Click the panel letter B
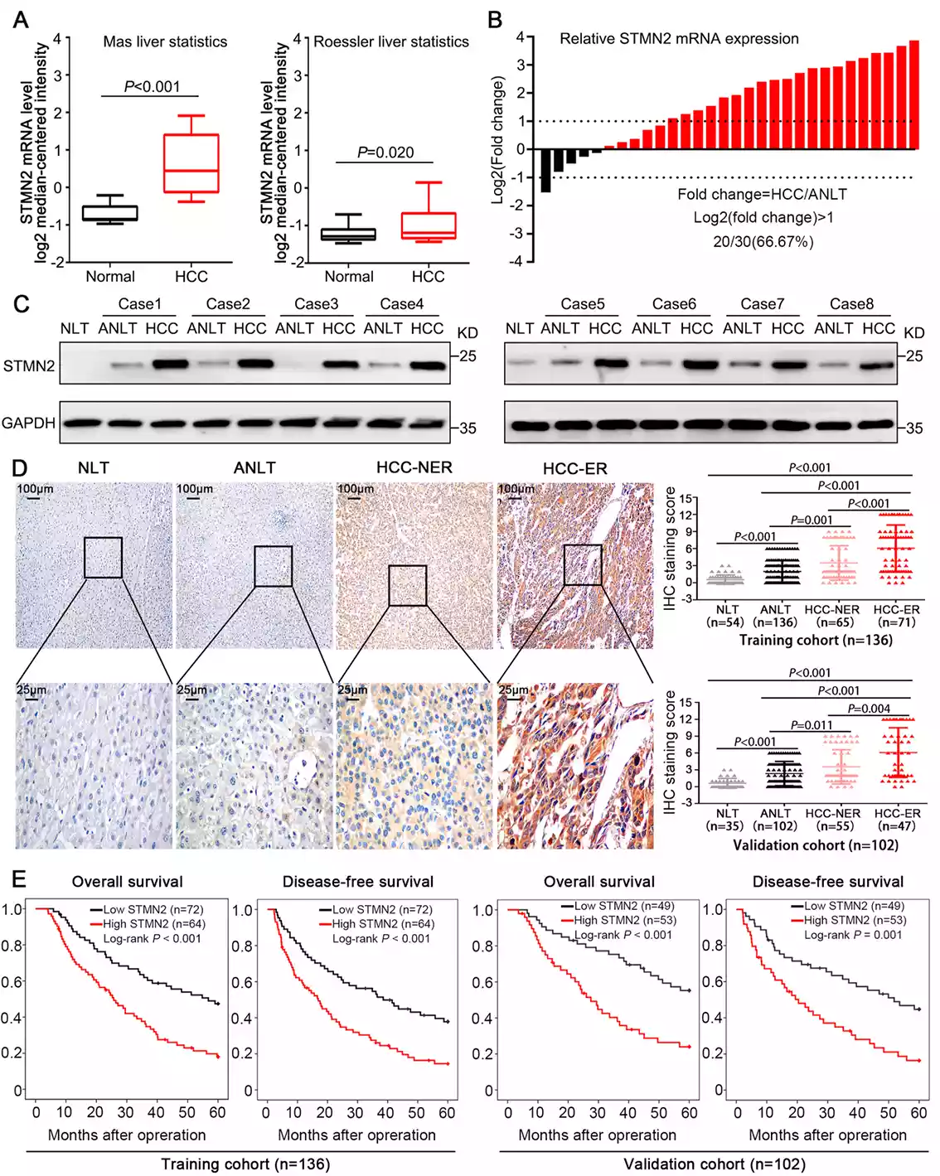tap(495, 19)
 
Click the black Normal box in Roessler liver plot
tap(348, 235)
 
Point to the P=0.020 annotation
tap(385, 152)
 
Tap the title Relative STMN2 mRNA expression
tap(679, 39)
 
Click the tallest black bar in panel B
tap(545, 171)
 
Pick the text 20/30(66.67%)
tap(763, 241)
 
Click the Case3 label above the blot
tap(316, 304)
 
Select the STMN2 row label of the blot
tap(29, 365)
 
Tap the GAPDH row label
tap(29, 423)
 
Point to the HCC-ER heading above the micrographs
tap(574, 468)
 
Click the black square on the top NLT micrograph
tap(103, 557)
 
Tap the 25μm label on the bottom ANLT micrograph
tap(191, 690)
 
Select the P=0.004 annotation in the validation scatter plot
tap(869, 709)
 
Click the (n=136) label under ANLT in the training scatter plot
tap(774, 622)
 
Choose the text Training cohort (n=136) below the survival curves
tap(245, 1164)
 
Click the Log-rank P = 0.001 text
tap(853, 934)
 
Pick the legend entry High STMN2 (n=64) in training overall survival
tap(153, 924)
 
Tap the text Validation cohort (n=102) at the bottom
tap(714, 1164)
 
